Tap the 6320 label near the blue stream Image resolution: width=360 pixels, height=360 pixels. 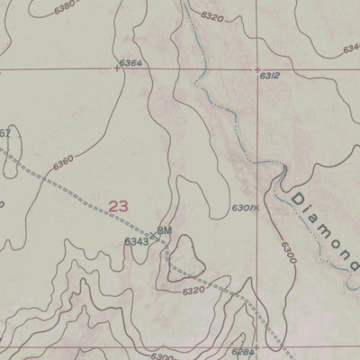[211, 16]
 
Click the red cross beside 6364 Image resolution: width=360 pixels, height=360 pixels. [117, 67]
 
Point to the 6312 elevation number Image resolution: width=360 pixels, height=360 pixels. [271, 76]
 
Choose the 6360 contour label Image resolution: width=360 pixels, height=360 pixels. [63, 163]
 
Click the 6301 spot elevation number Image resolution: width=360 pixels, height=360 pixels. [241, 208]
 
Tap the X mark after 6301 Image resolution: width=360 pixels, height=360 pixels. [256, 208]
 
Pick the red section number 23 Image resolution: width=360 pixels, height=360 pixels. [118, 206]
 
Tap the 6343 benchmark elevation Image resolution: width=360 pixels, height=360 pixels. [137, 241]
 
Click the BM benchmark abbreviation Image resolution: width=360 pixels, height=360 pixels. [164, 231]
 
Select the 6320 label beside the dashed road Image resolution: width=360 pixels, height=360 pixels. [193, 291]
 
